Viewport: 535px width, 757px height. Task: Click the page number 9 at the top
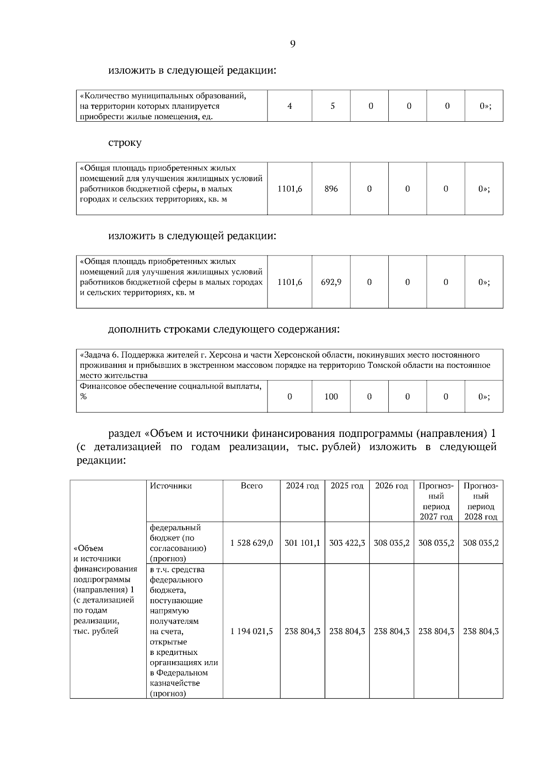pos(292,44)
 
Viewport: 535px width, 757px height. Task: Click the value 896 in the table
pos(331,189)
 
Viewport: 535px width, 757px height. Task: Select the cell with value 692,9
pos(331,282)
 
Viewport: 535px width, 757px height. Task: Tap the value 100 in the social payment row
pos(331,397)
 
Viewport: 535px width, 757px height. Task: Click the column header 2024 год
pos(302,486)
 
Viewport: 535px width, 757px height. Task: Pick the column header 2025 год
pos(347,486)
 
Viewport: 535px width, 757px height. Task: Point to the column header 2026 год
pos(391,486)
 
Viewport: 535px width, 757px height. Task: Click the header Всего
pos(251,486)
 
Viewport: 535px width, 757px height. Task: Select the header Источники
pos(171,486)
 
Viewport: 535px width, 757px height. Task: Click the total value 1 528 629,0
pos(251,543)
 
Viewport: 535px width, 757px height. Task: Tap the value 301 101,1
pos(302,543)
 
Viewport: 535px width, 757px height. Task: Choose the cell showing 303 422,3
pos(347,543)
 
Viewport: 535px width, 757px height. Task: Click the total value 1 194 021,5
pos(251,631)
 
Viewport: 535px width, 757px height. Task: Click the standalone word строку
pos(125,143)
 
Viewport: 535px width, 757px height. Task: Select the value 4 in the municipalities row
pos(290,106)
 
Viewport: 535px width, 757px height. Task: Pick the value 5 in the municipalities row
pos(333,106)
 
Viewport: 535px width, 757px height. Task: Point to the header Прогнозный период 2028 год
pos(481,502)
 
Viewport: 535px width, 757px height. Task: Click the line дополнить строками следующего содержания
pos(224,329)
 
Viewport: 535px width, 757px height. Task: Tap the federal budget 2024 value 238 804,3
pos(302,631)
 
